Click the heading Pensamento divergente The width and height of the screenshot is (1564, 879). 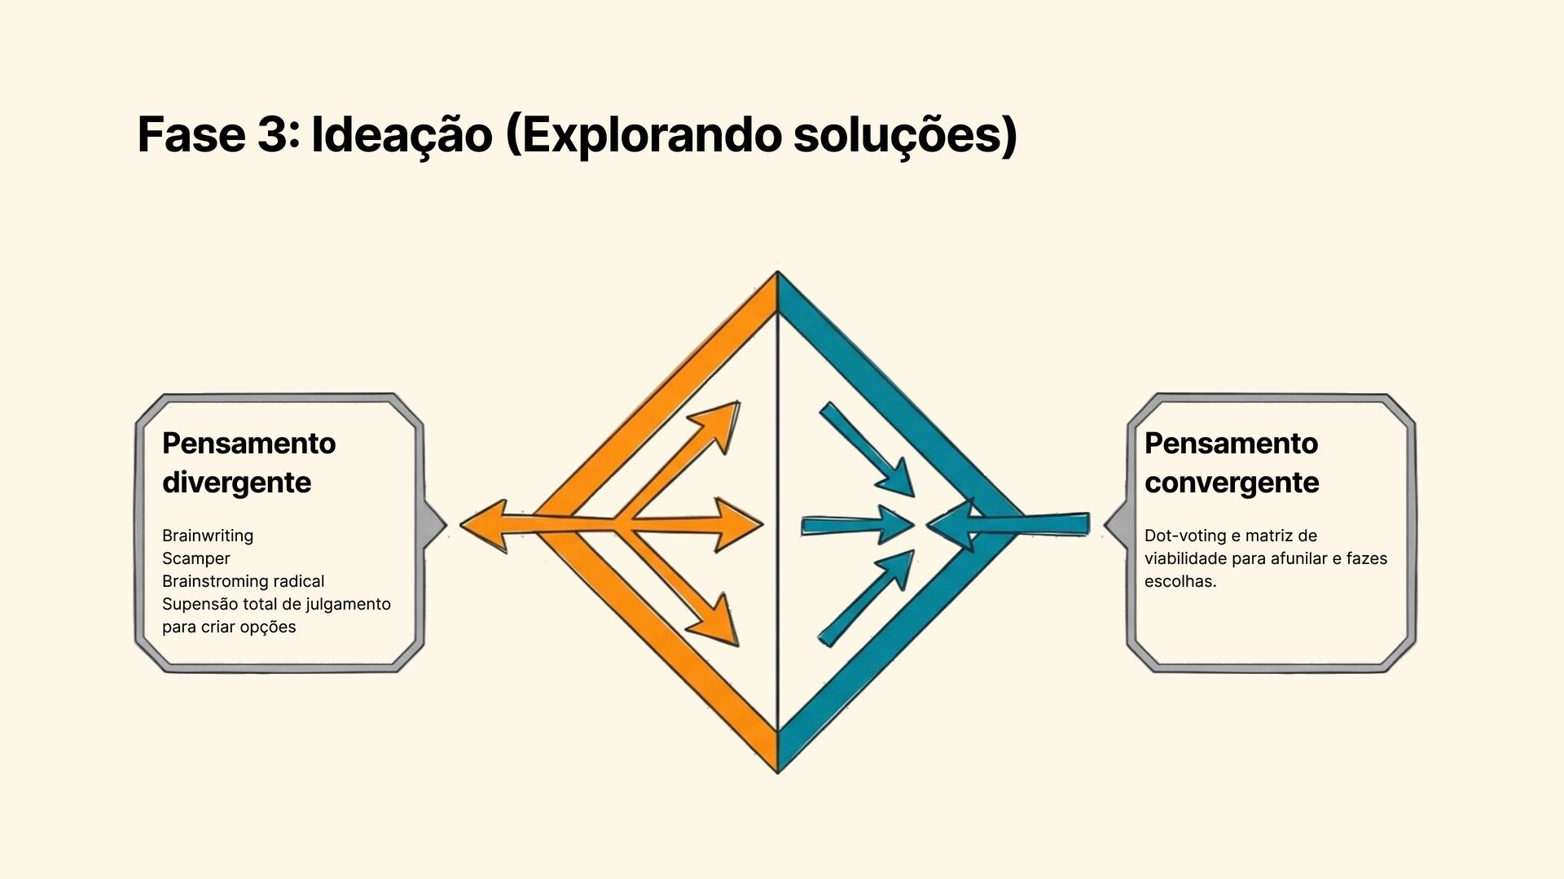(248, 462)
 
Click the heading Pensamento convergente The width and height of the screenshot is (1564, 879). (1231, 462)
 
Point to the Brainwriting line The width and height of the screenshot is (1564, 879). (208, 536)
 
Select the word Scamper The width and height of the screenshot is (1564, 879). (196, 558)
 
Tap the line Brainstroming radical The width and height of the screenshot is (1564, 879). (243, 581)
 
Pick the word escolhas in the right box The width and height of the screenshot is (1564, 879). (1180, 581)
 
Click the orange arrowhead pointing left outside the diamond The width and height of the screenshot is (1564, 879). (485, 526)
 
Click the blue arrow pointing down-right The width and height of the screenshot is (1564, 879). (868, 449)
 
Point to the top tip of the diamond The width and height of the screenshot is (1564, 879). (778, 275)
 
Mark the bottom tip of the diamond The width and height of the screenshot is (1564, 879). (778, 769)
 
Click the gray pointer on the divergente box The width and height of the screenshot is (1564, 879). (435, 525)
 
